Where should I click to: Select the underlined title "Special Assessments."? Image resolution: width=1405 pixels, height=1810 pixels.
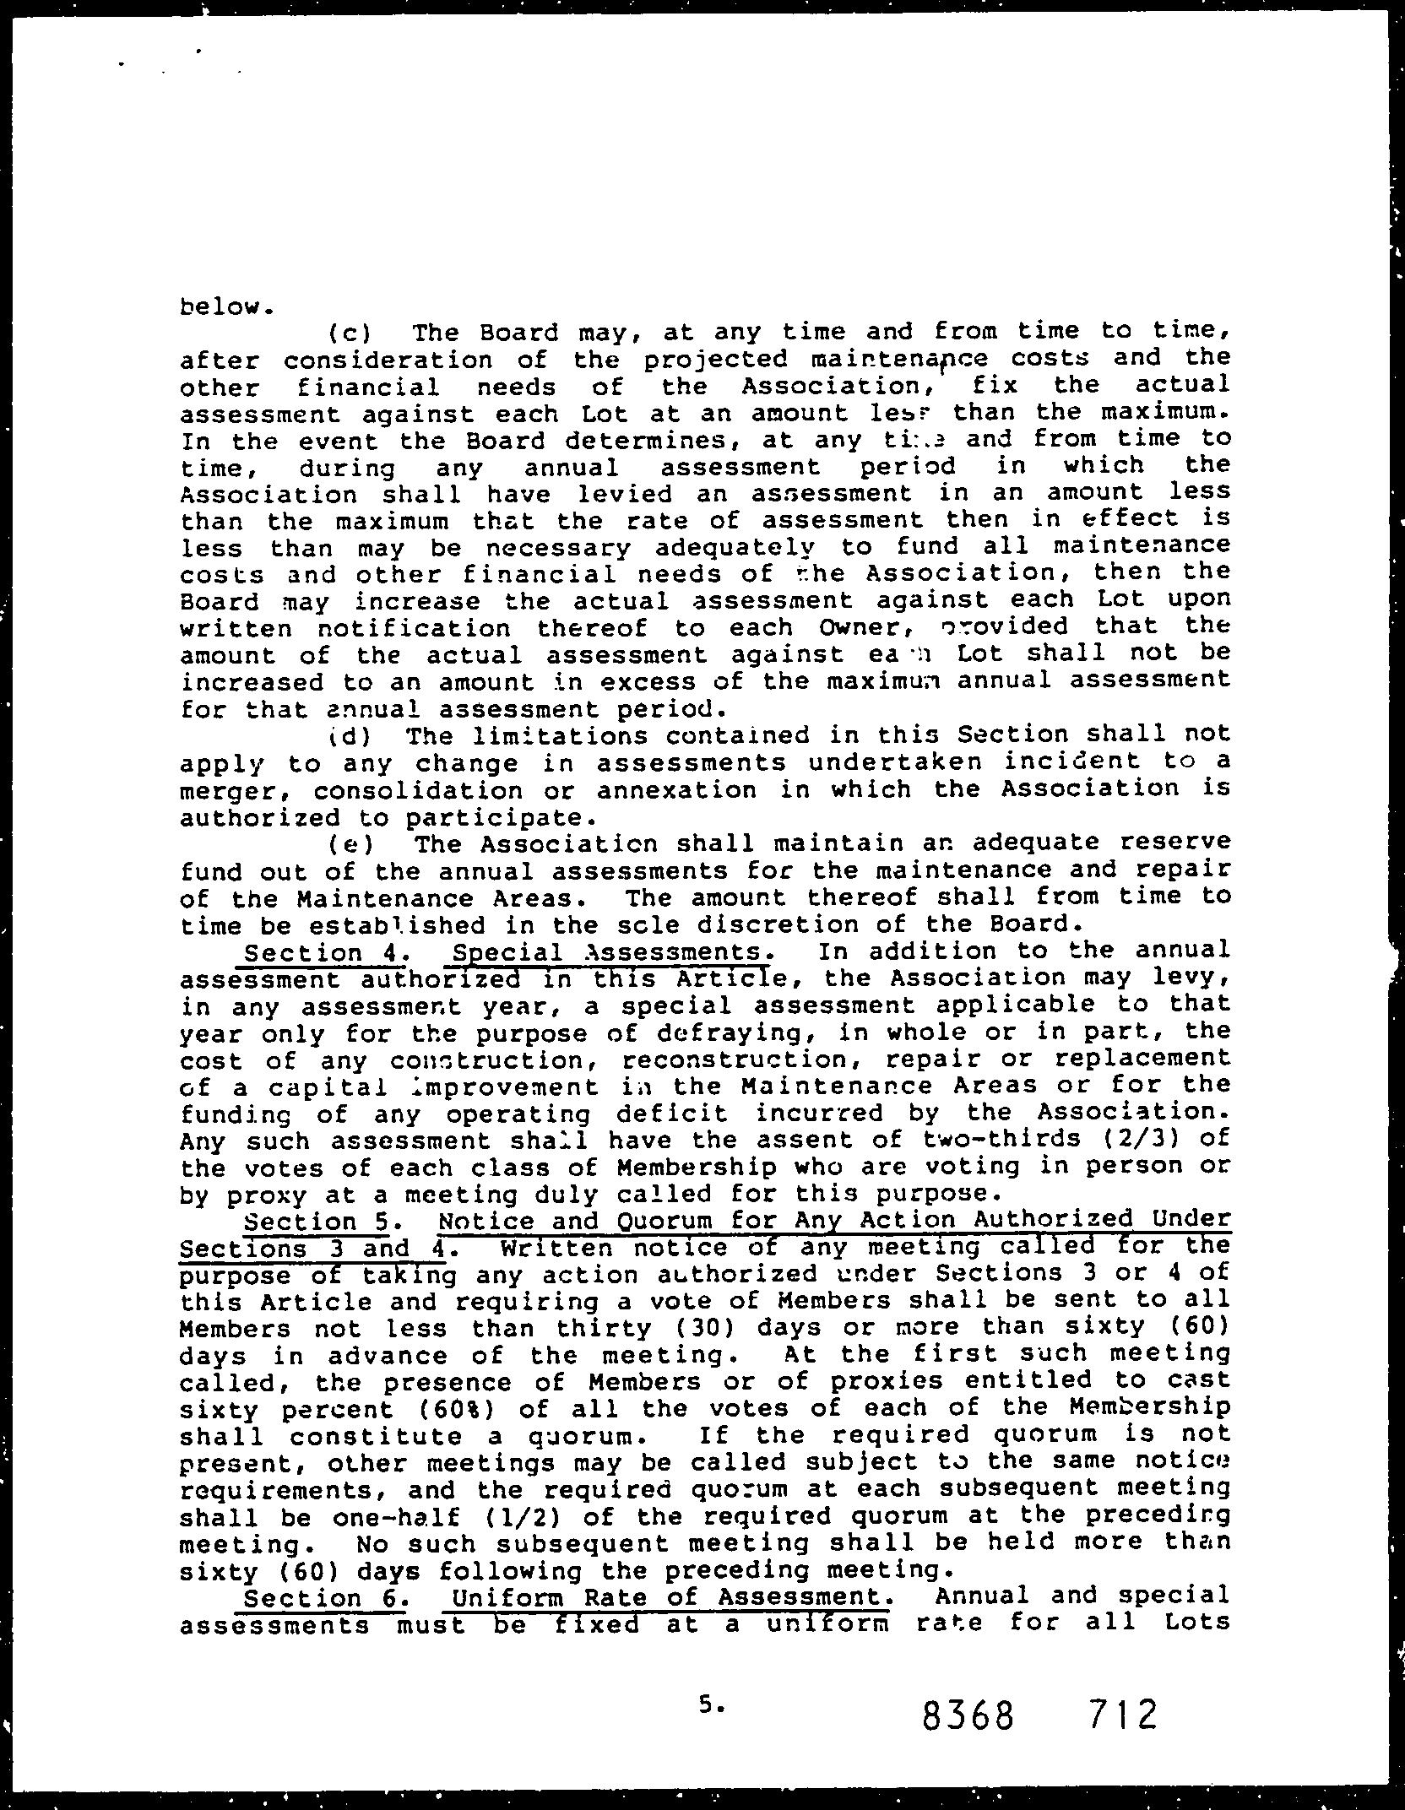pos(611,952)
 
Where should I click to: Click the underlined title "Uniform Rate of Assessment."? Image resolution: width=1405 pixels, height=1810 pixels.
pos(672,1597)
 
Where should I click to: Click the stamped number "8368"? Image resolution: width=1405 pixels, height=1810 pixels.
pos(968,1715)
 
